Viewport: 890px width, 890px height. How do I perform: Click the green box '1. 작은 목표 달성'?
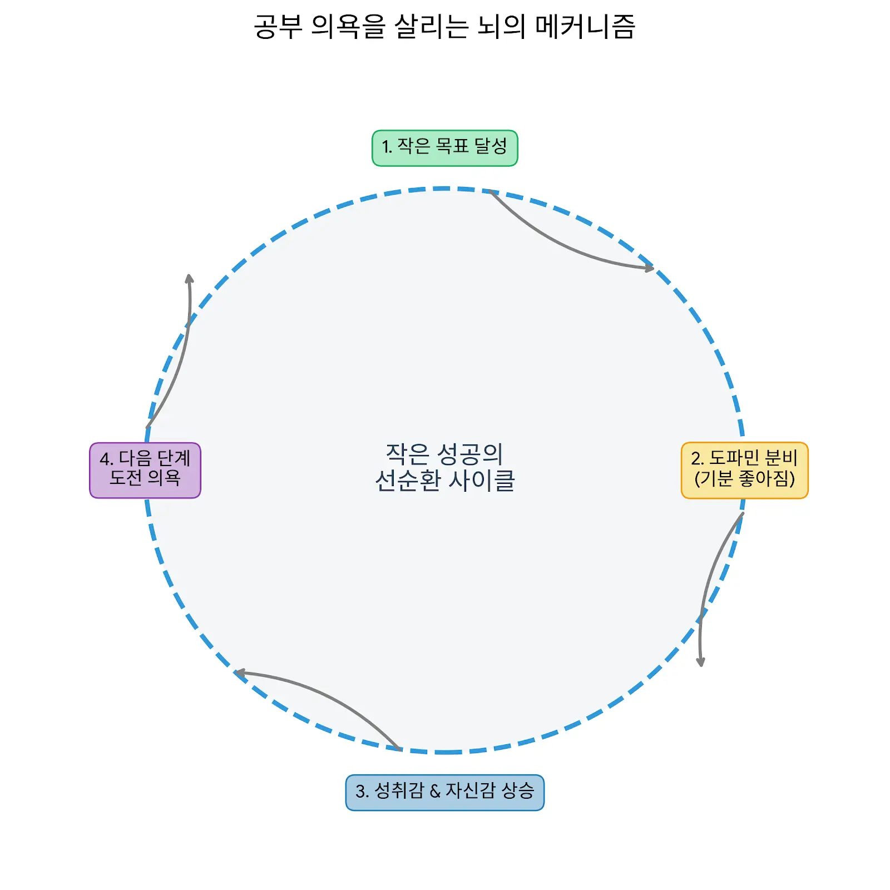[x=444, y=148]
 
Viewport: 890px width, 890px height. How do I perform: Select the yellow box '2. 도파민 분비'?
[x=744, y=470]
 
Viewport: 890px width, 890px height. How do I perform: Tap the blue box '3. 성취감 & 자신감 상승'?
[x=444, y=792]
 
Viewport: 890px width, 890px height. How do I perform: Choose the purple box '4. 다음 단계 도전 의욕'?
[x=145, y=470]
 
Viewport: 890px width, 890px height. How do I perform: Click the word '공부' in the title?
[x=278, y=27]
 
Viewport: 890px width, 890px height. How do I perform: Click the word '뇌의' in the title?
[x=501, y=27]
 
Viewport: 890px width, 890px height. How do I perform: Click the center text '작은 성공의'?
[x=444, y=454]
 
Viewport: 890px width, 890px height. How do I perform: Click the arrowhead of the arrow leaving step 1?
[x=650, y=268]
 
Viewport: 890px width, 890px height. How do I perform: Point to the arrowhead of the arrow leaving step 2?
[x=701, y=661]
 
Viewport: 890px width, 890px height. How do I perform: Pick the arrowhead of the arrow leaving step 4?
[x=189, y=279]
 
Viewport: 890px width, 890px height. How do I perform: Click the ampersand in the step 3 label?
[x=435, y=791]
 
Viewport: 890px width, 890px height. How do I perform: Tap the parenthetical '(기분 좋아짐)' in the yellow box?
[x=744, y=478]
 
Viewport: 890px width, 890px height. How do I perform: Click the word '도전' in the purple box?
[x=125, y=477]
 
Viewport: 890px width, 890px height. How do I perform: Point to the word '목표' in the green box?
[x=452, y=146]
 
